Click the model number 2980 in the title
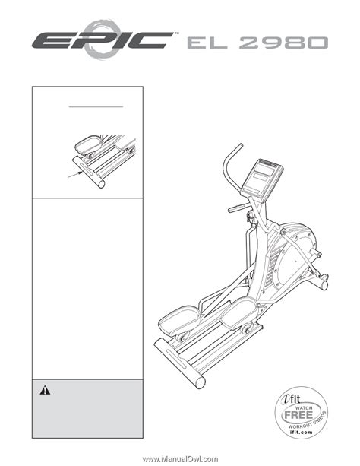[283, 43]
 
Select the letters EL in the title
[207, 43]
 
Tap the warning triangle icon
[45, 390]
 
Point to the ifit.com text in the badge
[302, 433]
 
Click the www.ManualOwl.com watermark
[180, 459]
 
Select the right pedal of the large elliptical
[239, 313]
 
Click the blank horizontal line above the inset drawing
[96, 106]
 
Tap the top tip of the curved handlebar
[241, 145]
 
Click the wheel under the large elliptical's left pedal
[182, 337]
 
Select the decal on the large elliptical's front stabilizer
[176, 358]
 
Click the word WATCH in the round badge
[304, 407]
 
